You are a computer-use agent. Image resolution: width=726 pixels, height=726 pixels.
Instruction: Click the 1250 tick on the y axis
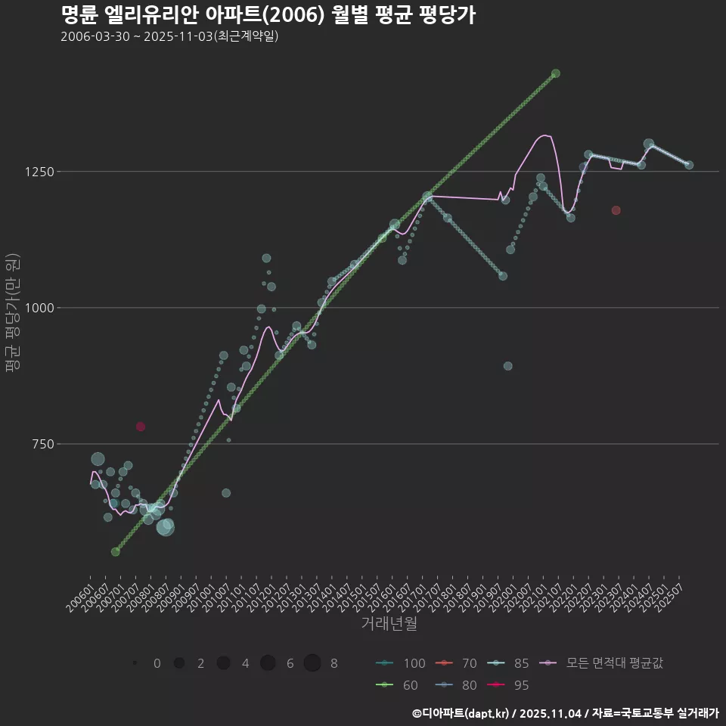[x=39, y=172]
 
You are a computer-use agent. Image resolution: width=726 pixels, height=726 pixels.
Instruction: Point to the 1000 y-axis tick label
[x=39, y=308]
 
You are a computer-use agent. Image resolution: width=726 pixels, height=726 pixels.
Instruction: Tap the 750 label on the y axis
[x=42, y=444]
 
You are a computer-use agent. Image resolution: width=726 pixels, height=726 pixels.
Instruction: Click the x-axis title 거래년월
[x=389, y=623]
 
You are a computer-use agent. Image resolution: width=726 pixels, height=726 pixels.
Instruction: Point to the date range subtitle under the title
[x=169, y=36]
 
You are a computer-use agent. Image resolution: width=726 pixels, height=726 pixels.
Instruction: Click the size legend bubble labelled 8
[x=312, y=663]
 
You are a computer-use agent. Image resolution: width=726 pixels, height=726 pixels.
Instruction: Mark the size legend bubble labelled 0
[x=135, y=663]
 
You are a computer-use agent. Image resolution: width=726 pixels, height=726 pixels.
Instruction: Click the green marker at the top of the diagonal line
[x=556, y=73]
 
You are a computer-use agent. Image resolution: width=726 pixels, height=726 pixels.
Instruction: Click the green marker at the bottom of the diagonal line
[x=115, y=552]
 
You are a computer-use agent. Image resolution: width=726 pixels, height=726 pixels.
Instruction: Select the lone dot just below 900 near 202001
[x=508, y=366]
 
